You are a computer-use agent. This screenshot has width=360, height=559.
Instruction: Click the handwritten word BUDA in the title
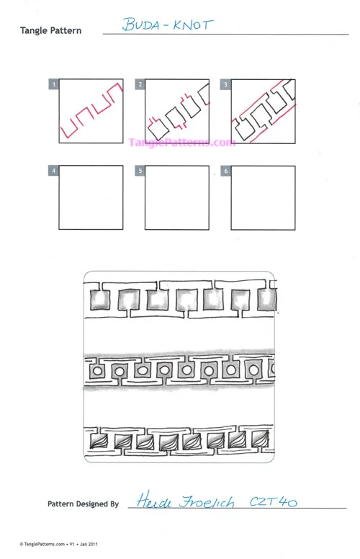point(141,24)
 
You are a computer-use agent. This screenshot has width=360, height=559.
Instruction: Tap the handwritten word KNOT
point(193,25)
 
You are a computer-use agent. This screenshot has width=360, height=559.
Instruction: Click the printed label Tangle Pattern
point(50,31)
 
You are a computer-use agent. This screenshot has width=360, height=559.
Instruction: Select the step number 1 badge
point(53,84)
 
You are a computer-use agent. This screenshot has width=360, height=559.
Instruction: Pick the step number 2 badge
point(140,84)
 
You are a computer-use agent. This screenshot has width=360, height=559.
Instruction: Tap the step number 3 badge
point(225,84)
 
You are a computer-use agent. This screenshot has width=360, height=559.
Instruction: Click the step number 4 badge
point(53,171)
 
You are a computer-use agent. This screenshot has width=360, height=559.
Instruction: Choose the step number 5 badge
point(140,171)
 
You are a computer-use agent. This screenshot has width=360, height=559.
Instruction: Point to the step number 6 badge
point(225,171)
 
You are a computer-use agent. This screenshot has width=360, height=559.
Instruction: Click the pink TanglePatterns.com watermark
point(181,143)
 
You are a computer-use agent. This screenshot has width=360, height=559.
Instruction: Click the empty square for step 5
point(177,197)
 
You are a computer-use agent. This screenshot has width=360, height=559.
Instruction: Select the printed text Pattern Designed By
point(83,504)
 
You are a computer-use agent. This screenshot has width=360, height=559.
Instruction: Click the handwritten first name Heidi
point(154,500)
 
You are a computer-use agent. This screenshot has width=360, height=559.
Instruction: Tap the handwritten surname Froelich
point(207,501)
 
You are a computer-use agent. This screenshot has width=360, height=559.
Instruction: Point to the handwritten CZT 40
point(273,501)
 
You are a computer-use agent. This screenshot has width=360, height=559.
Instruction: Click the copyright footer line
point(58,544)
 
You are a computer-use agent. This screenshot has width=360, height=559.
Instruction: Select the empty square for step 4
point(91,197)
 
